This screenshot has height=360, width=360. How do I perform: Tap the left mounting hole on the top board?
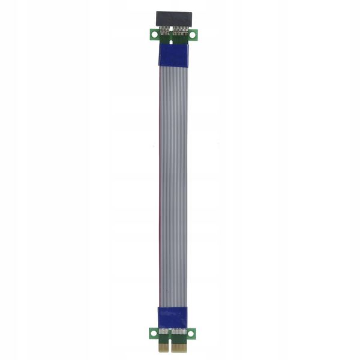pos(154,34)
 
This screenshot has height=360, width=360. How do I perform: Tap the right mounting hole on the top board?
pos(192,34)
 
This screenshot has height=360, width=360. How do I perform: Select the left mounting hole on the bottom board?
pos(154,332)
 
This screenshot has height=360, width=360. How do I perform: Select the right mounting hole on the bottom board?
pos(191,332)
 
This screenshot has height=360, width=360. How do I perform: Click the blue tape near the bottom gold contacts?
pos(173,317)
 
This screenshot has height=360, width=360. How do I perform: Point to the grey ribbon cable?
pos(174,180)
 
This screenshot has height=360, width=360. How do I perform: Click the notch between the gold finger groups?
pos(169,348)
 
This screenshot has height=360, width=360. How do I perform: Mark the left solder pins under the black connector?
pos(165,31)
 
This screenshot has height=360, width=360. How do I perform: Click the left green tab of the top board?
pos(152,35)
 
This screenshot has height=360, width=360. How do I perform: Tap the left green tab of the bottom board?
pos(152,332)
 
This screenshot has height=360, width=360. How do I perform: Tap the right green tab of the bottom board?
pos(192,332)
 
